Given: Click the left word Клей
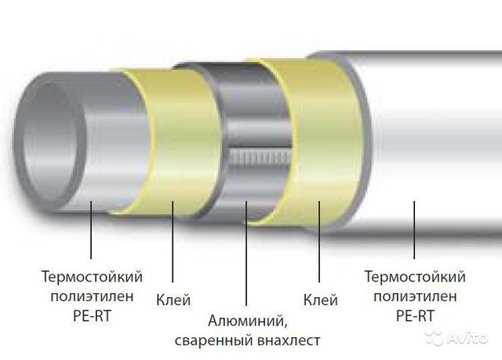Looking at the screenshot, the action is click(173, 300).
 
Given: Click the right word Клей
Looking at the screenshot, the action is click(320, 300).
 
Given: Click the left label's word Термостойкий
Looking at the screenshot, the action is click(92, 277).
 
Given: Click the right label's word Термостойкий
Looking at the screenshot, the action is click(415, 277).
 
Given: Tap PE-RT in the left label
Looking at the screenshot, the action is click(92, 316).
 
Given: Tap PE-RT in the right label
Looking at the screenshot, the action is click(415, 316).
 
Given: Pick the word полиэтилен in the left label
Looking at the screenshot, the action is click(92, 296).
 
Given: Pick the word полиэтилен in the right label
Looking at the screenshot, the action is click(415, 296).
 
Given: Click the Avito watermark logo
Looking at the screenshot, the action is click(457, 337).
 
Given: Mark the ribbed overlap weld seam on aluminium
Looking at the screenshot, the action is click(260, 157).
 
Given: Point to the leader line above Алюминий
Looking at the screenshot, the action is click(246, 253).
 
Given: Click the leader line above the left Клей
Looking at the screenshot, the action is click(173, 242).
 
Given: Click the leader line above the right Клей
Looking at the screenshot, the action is click(319, 242).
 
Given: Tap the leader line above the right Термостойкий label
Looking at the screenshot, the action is click(414, 230).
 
